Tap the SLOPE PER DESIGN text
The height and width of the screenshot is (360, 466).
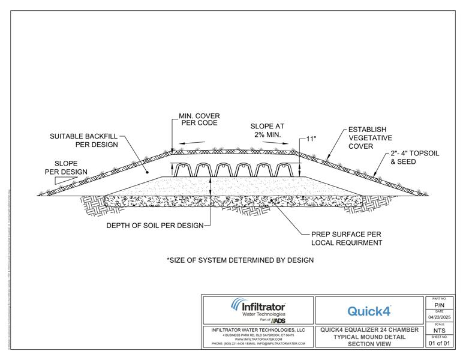66,167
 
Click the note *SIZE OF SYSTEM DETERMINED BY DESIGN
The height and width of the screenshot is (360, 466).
240,260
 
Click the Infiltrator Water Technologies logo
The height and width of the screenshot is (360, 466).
259,309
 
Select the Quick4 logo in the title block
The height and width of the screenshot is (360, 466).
369,311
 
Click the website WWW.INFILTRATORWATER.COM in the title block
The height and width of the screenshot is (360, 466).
259,339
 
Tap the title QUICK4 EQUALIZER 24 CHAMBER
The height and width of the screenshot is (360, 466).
369,329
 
